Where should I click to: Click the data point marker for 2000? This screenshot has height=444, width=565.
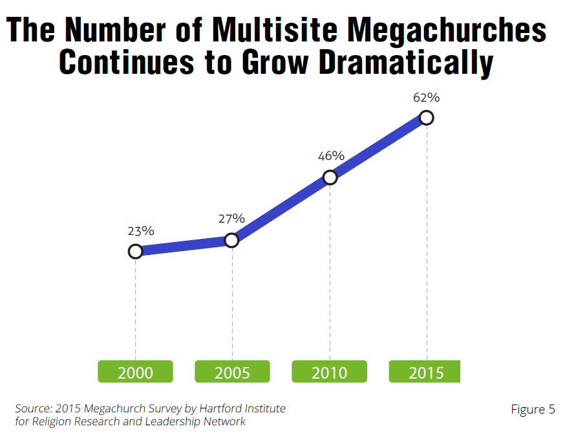coord(135,251)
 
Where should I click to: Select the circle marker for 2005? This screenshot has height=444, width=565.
coord(232,240)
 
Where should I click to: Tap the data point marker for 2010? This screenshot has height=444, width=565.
coord(330,177)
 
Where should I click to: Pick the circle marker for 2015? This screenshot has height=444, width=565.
coord(426,118)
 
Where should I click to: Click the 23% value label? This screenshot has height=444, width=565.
coord(140,230)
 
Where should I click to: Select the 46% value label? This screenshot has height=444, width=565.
coord(331,156)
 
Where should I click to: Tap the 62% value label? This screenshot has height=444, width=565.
coord(427,98)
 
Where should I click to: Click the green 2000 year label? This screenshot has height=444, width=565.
coord(135,372)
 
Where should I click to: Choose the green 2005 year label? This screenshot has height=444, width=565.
coord(232,372)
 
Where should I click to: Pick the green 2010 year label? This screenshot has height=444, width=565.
coord(330,372)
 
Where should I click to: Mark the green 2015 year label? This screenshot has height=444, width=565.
coord(425,372)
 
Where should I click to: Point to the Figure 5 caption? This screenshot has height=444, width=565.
coord(533,409)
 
